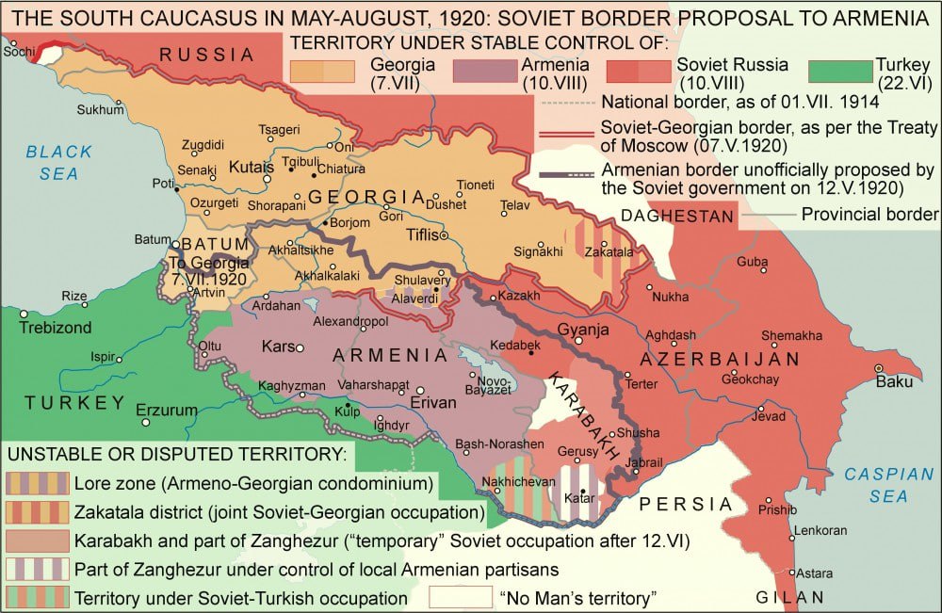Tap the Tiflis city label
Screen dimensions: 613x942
(422, 235)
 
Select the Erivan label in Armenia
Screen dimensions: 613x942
(433, 402)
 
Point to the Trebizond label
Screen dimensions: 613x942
(56, 328)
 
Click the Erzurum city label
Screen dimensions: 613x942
(167, 410)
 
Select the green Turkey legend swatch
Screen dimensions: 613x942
(841, 72)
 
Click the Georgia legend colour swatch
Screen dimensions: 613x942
(322, 72)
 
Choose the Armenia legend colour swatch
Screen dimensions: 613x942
(484, 72)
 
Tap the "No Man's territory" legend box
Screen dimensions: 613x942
(461, 597)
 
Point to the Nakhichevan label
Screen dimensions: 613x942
(509, 481)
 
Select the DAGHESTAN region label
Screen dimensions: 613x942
(676, 216)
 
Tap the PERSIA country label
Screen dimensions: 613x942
(681, 505)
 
